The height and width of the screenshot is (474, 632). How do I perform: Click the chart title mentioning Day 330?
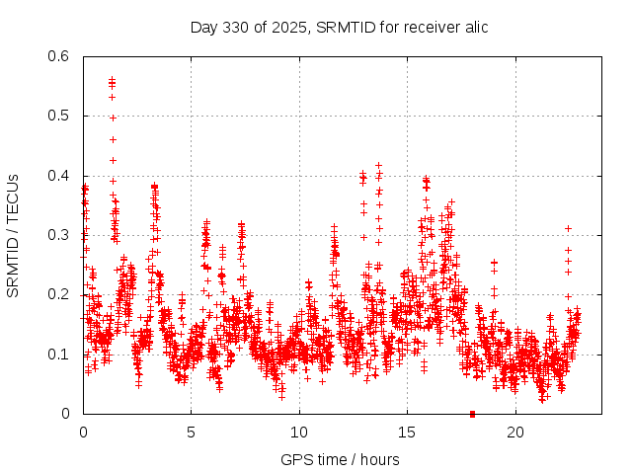pos(339,27)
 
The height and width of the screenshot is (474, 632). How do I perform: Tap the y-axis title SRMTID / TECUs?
pos(13,235)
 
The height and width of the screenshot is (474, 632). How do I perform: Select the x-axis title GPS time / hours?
pos(340,459)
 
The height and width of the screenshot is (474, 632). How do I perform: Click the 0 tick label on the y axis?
pos(65,414)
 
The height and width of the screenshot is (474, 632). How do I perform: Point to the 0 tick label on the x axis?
pos(83,433)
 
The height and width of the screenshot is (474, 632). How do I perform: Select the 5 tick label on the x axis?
pos(191,433)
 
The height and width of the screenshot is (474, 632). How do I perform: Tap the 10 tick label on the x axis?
pos(298,433)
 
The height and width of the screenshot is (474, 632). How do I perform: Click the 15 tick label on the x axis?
pos(406,433)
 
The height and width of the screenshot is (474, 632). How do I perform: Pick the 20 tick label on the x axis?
pos(514,433)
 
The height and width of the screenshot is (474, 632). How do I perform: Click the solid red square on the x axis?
pos(472,414)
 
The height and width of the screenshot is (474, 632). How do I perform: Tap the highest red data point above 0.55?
pos(112,79)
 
